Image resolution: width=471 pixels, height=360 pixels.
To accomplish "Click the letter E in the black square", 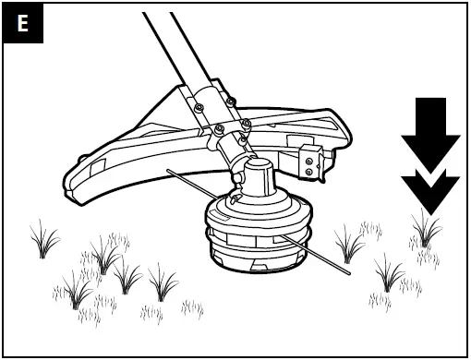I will pyautogui.click(x=23, y=24).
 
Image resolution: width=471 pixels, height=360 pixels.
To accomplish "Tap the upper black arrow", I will pyautogui.click(x=429, y=129).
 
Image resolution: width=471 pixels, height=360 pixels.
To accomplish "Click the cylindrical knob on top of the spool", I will pyautogui.click(x=255, y=175).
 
